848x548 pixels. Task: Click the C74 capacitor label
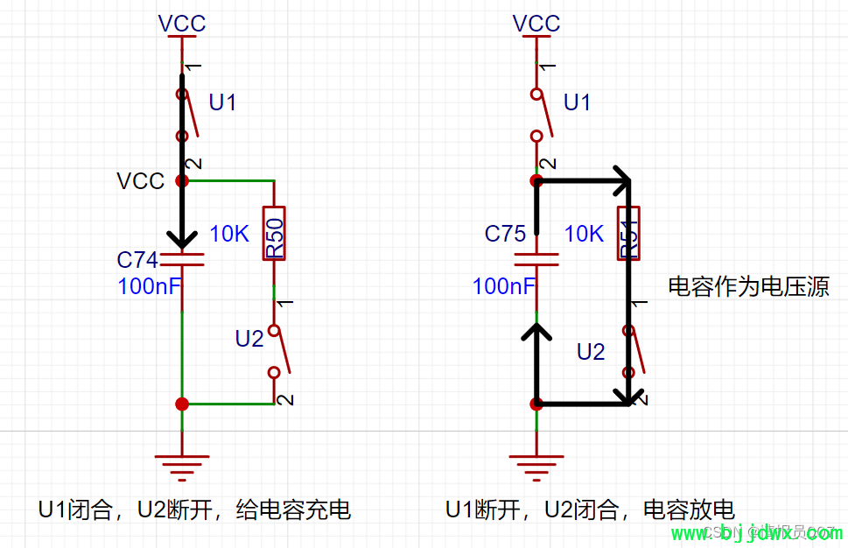point(137,260)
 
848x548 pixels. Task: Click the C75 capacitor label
point(505,234)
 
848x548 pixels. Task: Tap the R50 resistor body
point(275,234)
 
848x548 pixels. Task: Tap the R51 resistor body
point(628,234)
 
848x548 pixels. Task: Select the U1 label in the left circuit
point(222,103)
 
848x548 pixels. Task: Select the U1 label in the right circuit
point(577,103)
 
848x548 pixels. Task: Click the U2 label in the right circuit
point(591,352)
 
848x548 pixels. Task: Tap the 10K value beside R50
point(230,234)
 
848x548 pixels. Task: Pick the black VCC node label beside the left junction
point(140,181)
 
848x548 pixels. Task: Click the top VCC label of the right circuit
point(536,24)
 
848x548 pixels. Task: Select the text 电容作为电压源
point(748,286)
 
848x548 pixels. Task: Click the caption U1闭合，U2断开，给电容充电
point(194,510)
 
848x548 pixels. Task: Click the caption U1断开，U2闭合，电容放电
point(590,510)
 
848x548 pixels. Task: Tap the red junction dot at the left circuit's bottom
point(182,404)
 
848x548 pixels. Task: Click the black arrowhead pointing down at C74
point(182,239)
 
